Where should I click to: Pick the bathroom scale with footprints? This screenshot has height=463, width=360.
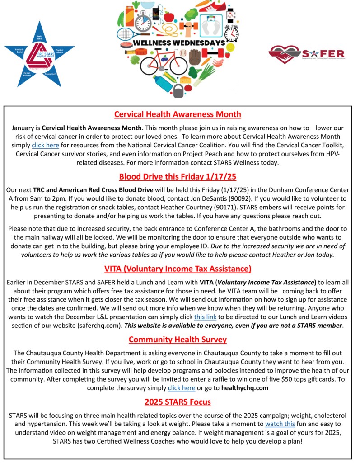click(211, 25)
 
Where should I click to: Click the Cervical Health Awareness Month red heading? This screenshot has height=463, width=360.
click(178, 114)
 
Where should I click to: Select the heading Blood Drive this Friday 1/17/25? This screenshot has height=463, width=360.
click(178, 176)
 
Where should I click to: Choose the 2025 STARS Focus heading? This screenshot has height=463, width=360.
click(178, 402)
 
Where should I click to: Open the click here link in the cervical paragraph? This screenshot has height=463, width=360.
click(45, 145)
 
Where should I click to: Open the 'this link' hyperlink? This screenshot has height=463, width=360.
click(205, 317)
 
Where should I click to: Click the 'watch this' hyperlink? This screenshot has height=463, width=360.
click(280, 424)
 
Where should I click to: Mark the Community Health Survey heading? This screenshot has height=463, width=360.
click(178, 339)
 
